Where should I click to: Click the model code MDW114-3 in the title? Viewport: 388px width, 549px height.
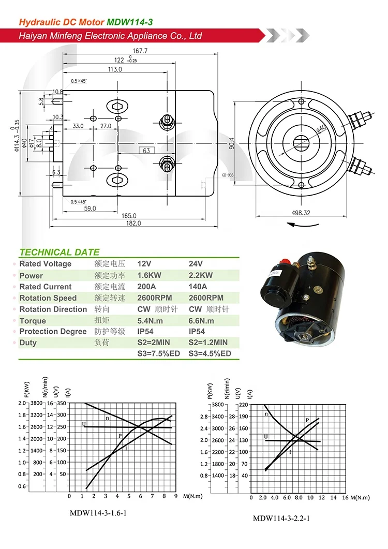pos(129,22)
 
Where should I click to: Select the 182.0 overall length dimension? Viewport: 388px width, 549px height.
pos(133,223)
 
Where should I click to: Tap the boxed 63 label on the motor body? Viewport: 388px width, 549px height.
pos(146,151)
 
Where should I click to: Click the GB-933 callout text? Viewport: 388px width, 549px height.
pos(228,175)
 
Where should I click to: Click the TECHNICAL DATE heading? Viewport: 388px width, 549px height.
pos(59,253)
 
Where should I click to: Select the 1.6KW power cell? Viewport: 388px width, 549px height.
pos(148,275)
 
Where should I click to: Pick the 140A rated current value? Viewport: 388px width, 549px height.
pos(198,287)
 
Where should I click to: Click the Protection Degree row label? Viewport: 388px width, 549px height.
pos(53,332)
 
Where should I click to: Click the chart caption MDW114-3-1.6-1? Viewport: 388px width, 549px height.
pos(98,513)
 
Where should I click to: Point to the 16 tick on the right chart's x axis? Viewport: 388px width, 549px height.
pos(345,498)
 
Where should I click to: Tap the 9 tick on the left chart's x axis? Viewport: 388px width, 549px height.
pos(175,496)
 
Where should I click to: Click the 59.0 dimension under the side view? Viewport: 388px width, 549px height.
pos(91,209)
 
